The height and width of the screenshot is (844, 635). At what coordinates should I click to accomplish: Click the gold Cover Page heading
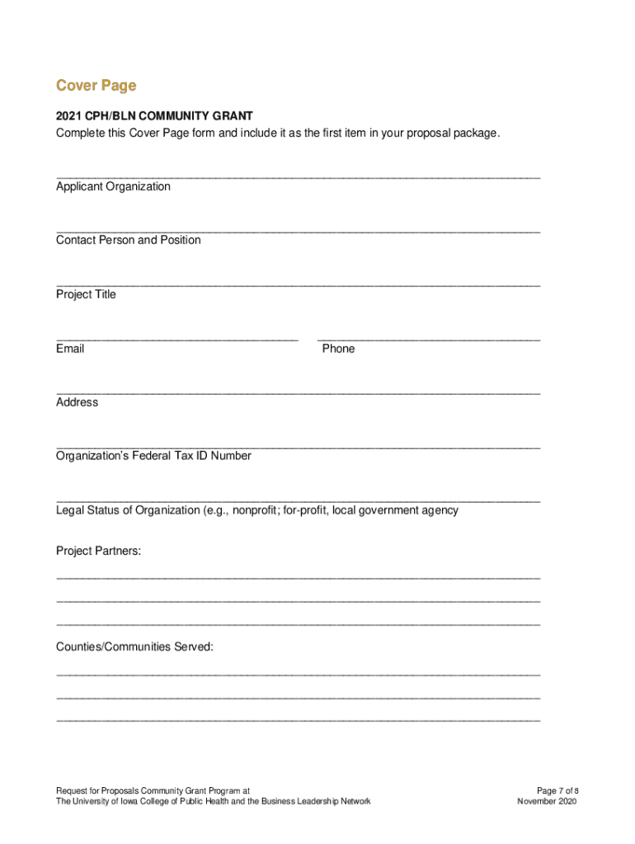click(96, 86)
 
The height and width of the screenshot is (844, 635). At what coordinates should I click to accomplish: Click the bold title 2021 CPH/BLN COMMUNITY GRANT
click(154, 116)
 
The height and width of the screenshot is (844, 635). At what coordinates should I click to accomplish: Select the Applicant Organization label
click(113, 186)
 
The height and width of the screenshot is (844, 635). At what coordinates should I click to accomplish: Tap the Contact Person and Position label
click(128, 240)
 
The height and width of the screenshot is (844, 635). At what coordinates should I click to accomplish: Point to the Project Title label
click(86, 294)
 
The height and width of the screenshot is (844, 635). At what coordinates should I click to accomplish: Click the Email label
click(70, 349)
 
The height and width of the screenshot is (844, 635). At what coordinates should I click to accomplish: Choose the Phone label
click(338, 349)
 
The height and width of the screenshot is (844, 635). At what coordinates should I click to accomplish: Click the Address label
click(77, 402)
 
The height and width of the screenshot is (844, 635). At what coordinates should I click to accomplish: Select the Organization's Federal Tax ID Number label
click(153, 456)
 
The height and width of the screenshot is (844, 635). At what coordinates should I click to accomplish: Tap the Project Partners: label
click(98, 551)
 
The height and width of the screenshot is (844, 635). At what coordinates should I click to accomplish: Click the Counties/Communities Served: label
click(134, 647)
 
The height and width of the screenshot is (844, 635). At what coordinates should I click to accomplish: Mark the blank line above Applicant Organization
click(298, 176)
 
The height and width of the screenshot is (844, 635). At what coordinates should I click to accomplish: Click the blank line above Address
click(298, 392)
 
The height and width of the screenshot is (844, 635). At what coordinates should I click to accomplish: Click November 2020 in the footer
click(547, 801)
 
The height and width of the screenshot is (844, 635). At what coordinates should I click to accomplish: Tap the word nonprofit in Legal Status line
click(255, 510)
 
